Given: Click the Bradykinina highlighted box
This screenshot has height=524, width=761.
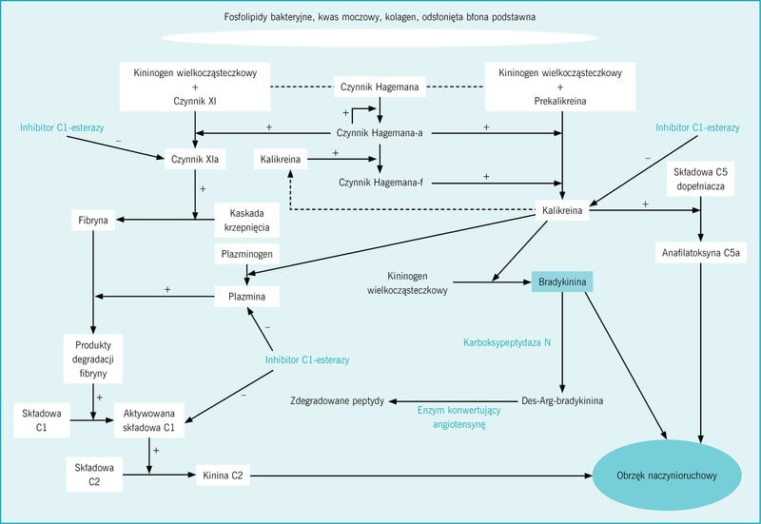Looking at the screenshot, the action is click(x=562, y=281).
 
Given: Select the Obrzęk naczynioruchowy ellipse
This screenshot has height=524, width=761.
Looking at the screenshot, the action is click(x=667, y=475).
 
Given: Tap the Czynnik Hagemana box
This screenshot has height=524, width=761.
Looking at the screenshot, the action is click(x=380, y=87).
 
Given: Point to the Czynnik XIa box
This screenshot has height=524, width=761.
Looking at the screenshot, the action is click(x=195, y=159).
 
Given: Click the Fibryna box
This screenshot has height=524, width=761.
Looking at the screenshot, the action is click(x=93, y=221).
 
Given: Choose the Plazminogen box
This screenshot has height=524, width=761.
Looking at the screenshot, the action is click(x=247, y=254).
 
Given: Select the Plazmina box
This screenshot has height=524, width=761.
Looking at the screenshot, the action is click(x=247, y=297).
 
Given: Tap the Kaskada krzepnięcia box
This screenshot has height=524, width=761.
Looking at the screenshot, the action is click(x=247, y=221).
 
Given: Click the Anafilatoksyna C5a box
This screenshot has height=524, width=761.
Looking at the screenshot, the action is click(x=701, y=253).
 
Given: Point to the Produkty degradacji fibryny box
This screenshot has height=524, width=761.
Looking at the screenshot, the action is click(x=93, y=359).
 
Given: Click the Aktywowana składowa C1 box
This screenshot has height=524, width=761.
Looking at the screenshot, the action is click(x=149, y=420).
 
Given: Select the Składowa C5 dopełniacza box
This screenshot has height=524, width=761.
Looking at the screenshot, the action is click(x=700, y=179).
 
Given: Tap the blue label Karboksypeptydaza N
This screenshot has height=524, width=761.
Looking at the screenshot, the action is click(x=507, y=342).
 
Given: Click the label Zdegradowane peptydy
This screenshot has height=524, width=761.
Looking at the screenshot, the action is click(x=338, y=400).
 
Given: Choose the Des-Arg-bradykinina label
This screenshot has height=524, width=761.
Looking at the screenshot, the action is click(x=562, y=400).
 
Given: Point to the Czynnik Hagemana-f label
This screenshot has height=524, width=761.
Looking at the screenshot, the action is click(x=381, y=183).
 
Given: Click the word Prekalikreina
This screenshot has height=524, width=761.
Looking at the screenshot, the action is click(x=560, y=101).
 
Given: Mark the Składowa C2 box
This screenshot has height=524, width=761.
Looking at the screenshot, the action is click(x=94, y=475).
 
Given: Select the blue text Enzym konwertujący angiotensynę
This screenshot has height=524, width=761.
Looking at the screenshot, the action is click(x=459, y=417).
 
